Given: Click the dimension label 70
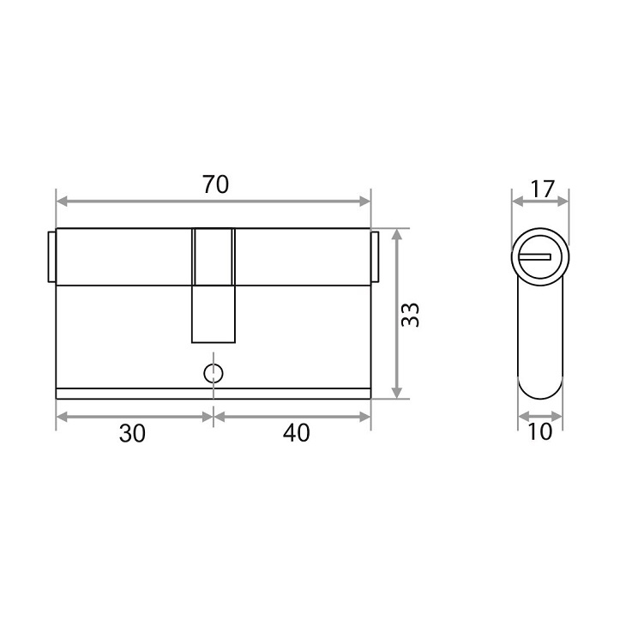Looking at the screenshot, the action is pos(215,184).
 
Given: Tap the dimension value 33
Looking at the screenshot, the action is pos(410,315).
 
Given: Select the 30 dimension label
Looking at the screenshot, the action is pos(132,433).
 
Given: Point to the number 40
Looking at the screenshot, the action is pos(296,433).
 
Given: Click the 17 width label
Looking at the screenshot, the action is pos(543,189).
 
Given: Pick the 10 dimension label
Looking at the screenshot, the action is pos(539,431).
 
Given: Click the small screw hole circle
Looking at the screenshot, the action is pos(214,373).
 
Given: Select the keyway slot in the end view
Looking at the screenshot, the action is pos(534,257).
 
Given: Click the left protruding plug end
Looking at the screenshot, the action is pos(52,256).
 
